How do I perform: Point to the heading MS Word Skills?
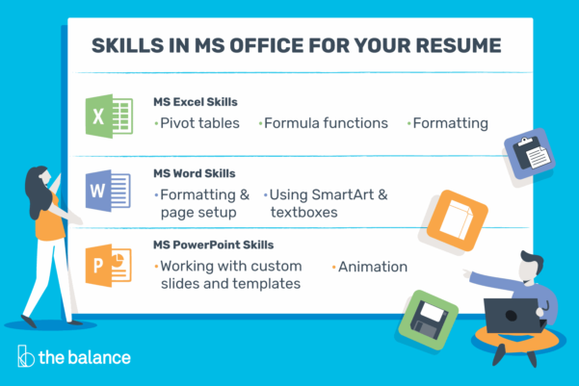point(194,174)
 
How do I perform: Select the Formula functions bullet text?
point(326,123)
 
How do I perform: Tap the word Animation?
point(372,266)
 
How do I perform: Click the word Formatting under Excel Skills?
point(450,123)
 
